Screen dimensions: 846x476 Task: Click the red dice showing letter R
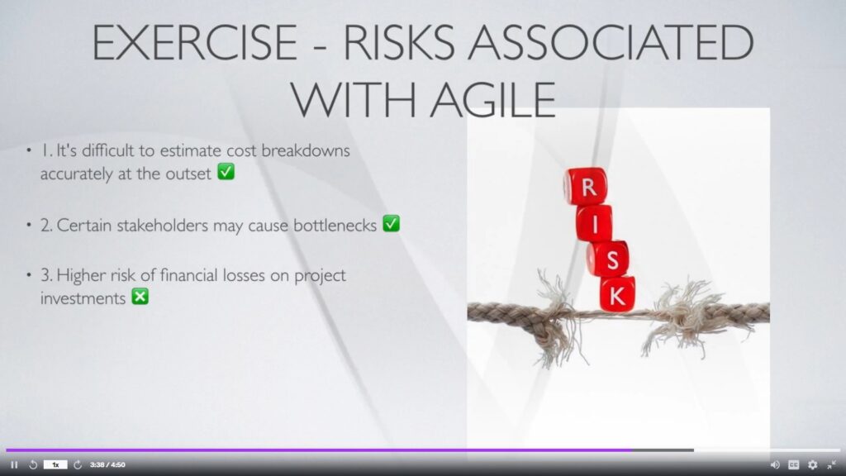click(x=586, y=186)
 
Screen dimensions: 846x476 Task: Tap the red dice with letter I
click(x=594, y=223)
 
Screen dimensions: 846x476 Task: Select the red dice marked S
click(x=608, y=259)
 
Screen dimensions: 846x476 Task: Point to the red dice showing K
click(x=617, y=294)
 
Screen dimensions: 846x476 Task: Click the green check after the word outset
click(x=226, y=172)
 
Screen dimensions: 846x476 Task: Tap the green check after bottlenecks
click(x=391, y=223)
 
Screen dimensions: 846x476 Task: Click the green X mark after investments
click(x=140, y=297)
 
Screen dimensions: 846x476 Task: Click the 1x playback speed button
click(x=55, y=464)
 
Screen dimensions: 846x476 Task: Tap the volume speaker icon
click(x=775, y=464)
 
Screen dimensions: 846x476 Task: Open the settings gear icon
click(x=813, y=464)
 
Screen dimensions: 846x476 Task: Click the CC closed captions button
click(x=794, y=464)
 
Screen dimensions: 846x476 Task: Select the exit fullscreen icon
click(x=831, y=464)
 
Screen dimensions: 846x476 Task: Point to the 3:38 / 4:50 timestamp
click(x=107, y=464)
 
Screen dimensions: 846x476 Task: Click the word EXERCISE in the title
click(x=195, y=43)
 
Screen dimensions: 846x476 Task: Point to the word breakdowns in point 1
click(x=306, y=150)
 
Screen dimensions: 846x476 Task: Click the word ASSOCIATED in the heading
click(x=611, y=43)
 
